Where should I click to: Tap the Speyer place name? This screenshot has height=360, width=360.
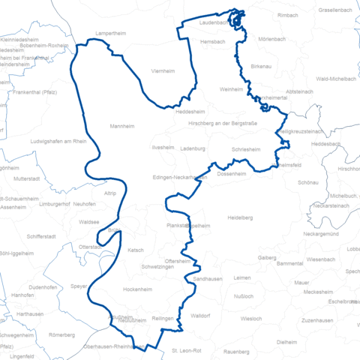[x=79, y=286]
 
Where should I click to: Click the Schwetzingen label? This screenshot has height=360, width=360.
[x=158, y=268]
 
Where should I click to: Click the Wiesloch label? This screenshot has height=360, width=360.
[x=251, y=318]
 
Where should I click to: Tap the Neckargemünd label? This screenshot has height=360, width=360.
[x=324, y=234]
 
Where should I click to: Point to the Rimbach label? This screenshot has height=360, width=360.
[x=288, y=15]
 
